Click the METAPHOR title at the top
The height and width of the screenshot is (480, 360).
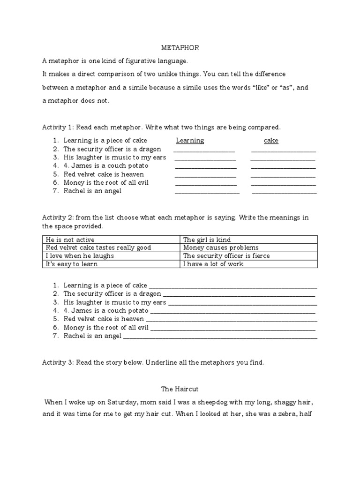pyautogui.click(x=180, y=48)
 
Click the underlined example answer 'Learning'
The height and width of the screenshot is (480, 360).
pyautogui.click(x=190, y=141)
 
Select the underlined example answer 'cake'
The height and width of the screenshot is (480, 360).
pyautogui.click(x=271, y=141)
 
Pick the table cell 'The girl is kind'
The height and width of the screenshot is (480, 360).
pyautogui.click(x=207, y=240)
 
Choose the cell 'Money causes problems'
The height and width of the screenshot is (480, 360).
pyautogui.click(x=221, y=247)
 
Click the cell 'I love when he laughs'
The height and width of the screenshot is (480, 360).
pyautogui.click(x=79, y=256)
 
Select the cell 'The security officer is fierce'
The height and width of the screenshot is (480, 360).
pyautogui.click(x=226, y=256)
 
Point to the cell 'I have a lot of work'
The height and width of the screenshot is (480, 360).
pyautogui.click(x=213, y=264)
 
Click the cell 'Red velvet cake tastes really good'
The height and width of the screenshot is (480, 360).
pyautogui.click(x=98, y=247)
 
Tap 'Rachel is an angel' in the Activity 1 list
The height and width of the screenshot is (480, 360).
pyautogui.click(x=92, y=191)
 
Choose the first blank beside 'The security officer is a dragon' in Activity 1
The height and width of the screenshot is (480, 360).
pyautogui.click(x=204, y=150)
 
